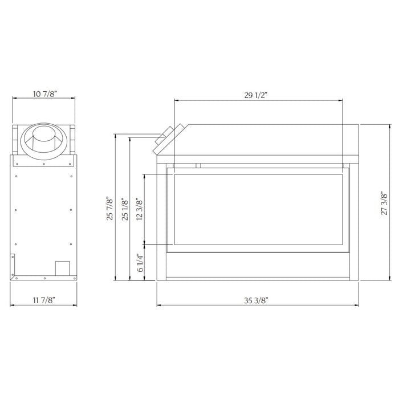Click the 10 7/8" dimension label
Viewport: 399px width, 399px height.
point(44,94)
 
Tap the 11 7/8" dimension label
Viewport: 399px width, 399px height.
point(44,300)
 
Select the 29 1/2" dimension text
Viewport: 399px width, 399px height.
point(256,95)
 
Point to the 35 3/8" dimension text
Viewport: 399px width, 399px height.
point(256,300)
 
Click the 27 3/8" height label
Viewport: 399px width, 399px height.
point(384,203)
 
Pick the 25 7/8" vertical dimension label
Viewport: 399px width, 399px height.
point(109,208)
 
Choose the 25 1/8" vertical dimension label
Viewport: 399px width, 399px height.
point(125,209)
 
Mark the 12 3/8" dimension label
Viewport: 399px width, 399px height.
point(140,209)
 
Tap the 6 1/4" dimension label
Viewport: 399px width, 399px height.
point(140,263)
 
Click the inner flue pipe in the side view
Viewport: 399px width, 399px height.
point(43,140)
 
